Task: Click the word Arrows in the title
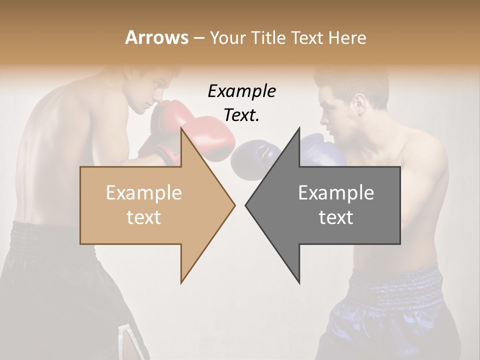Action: (156, 37)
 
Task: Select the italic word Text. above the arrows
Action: (241, 115)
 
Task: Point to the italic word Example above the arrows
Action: (241, 91)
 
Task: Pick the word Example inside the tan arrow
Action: (144, 193)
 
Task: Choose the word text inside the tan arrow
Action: (144, 217)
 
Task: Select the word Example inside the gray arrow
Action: (336, 193)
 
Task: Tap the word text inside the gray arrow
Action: (336, 217)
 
